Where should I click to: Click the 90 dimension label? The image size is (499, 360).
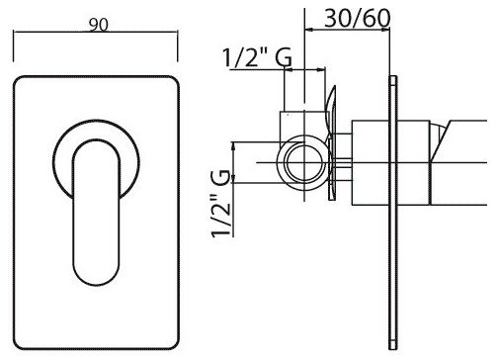click(98, 25)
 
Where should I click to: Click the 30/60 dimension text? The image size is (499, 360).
click(358, 18)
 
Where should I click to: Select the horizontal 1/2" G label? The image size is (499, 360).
click(257, 57)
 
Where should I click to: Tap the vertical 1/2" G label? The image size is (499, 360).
click(220, 204)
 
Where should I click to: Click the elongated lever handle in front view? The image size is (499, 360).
click(96, 213)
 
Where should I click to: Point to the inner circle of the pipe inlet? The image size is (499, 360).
click(304, 162)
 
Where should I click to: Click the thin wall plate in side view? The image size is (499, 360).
click(393, 213)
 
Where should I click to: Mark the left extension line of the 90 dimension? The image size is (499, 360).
click(14, 45)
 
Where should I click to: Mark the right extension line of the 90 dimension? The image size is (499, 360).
click(178, 45)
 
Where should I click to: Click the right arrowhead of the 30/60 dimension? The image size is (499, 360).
click(385, 30)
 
